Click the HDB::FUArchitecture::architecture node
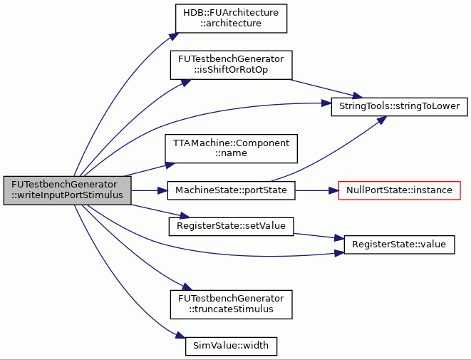[x=231, y=19]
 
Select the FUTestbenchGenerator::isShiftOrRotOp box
[x=231, y=65]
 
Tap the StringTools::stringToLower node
[x=399, y=106]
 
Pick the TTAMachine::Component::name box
[x=231, y=149]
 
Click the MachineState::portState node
[x=231, y=190]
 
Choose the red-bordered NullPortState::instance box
[x=399, y=190]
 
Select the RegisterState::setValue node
[x=231, y=226]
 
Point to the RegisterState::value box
[x=399, y=245]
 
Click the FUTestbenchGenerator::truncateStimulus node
[x=231, y=304]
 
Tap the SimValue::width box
[x=231, y=346]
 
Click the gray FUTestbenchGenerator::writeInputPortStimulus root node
[x=67, y=190]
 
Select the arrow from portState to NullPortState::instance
[x=317, y=190]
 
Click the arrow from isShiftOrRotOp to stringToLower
[x=326, y=88]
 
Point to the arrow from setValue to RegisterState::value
[x=319, y=236]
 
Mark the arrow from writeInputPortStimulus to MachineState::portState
[x=150, y=190]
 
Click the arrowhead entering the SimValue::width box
[x=180, y=336]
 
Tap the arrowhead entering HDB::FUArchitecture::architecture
[x=174, y=36]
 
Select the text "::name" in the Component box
[x=231, y=153]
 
